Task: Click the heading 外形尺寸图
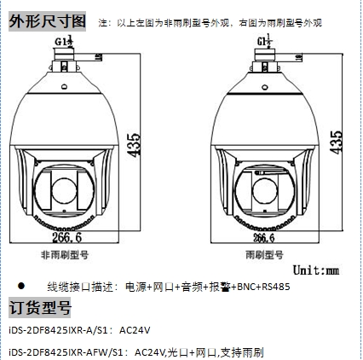pyautogui.click(x=47, y=21)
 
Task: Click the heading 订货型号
pyautogui.click(x=40, y=307)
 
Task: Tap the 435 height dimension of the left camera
pyautogui.click(x=134, y=145)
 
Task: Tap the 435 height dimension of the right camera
pyautogui.click(x=336, y=142)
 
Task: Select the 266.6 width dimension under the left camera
pyautogui.click(x=67, y=237)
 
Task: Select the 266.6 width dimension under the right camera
pyautogui.click(x=264, y=238)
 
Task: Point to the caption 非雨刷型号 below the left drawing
pyautogui.click(x=65, y=254)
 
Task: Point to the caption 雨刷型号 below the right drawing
pyautogui.click(x=264, y=254)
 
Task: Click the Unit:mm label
pyautogui.click(x=316, y=270)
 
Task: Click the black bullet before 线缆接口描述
pyautogui.click(x=21, y=286)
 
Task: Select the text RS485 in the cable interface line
pyautogui.click(x=276, y=287)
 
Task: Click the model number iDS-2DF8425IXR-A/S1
pyautogui.click(x=59, y=330)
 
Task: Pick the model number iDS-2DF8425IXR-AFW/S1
pyautogui.click(x=66, y=352)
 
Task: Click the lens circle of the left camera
pyautogui.click(x=64, y=191)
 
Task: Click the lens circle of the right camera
pyautogui.click(x=265, y=191)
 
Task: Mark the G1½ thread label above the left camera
pyautogui.click(x=64, y=41)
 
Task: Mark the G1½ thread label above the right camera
pyautogui.click(x=265, y=41)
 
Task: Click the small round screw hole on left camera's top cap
pyautogui.click(x=65, y=86)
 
